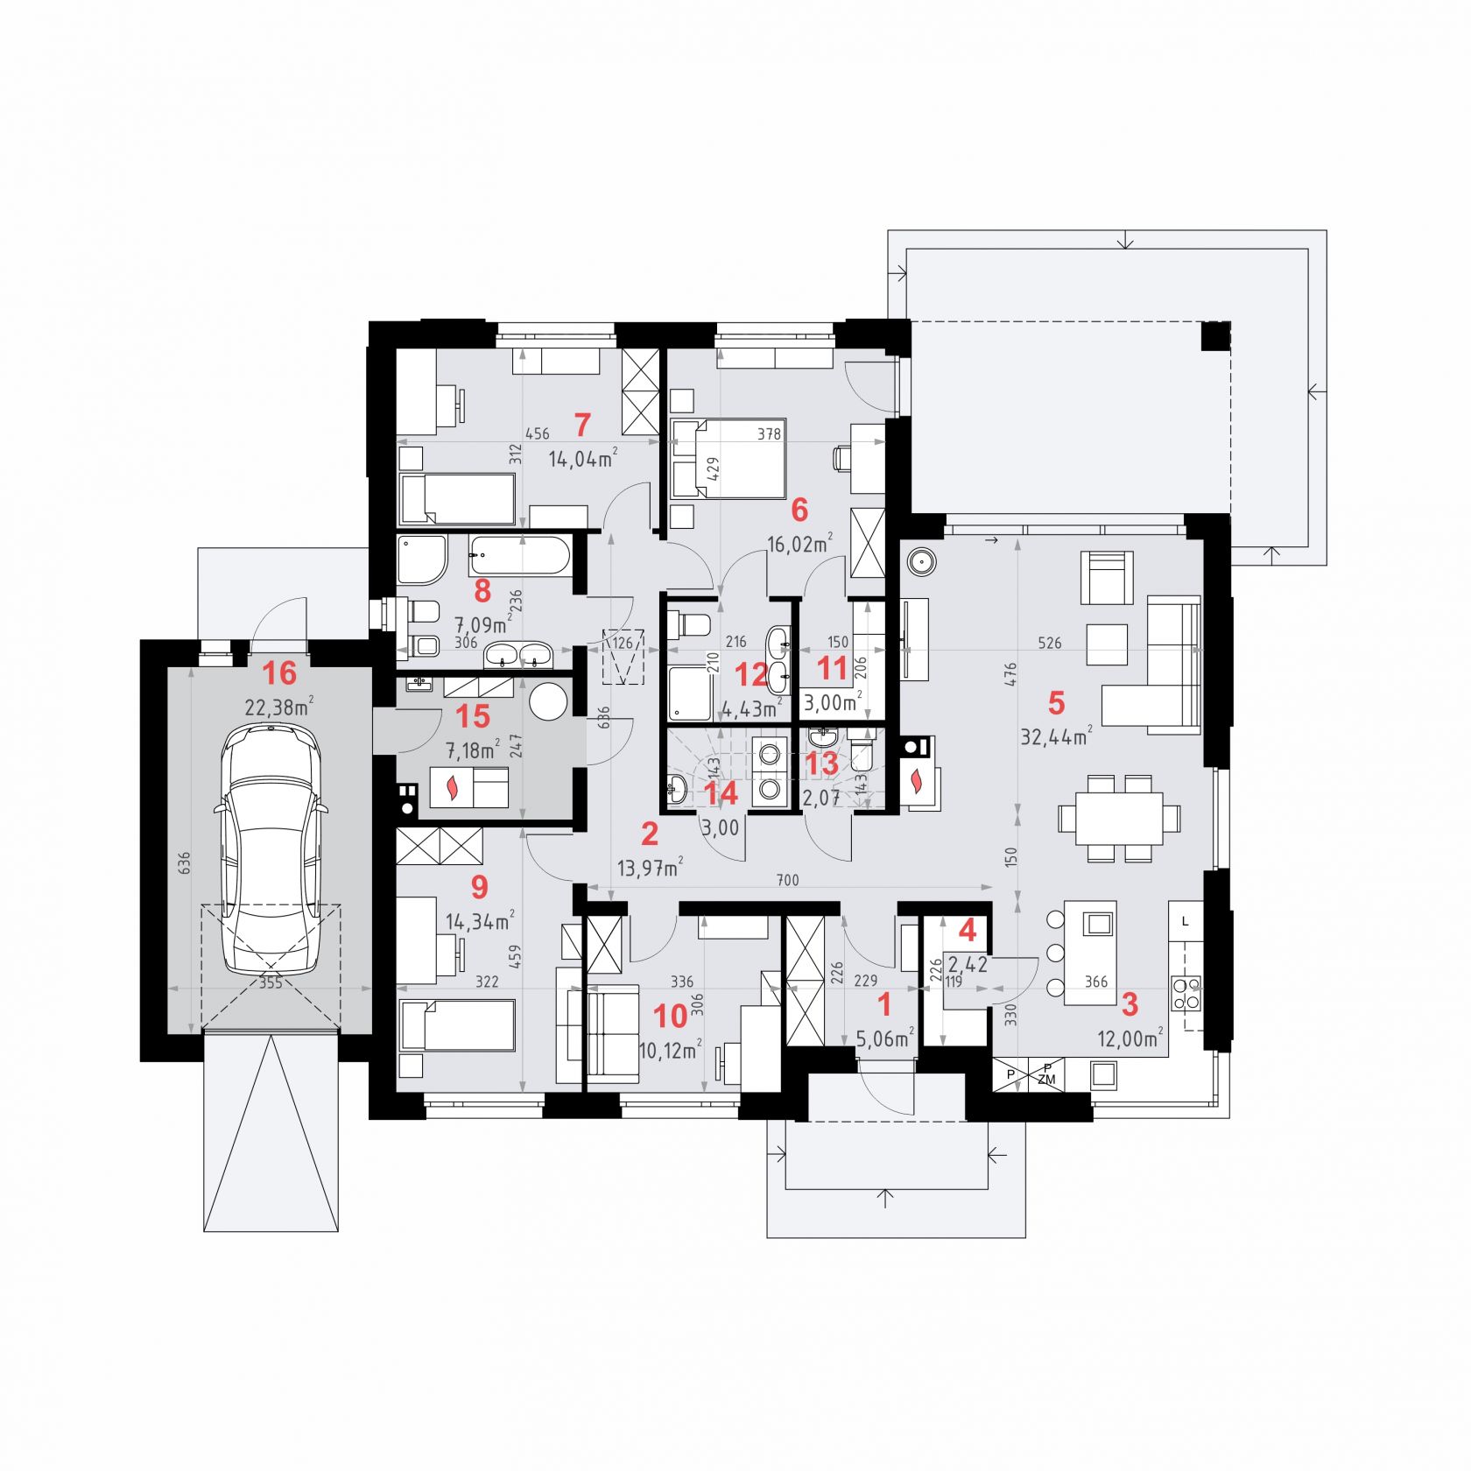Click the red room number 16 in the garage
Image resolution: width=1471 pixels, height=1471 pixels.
click(x=279, y=673)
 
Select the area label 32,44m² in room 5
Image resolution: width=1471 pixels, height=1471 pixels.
click(x=1056, y=735)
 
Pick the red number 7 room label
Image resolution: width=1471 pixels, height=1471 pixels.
click(x=582, y=425)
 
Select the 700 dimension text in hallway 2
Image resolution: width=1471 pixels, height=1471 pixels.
click(x=787, y=880)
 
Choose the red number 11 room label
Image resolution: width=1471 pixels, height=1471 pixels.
click(x=832, y=669)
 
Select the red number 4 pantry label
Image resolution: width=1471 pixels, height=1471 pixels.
click(x=968, y=930)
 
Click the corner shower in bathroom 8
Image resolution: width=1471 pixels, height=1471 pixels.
click(x=421, y=560)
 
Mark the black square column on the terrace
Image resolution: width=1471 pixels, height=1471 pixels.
click(x=1215, y=336)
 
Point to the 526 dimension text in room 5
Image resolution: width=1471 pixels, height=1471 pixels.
click(x=1049, y=644)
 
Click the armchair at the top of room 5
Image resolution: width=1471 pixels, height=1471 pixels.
click(x=1107, y=577)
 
